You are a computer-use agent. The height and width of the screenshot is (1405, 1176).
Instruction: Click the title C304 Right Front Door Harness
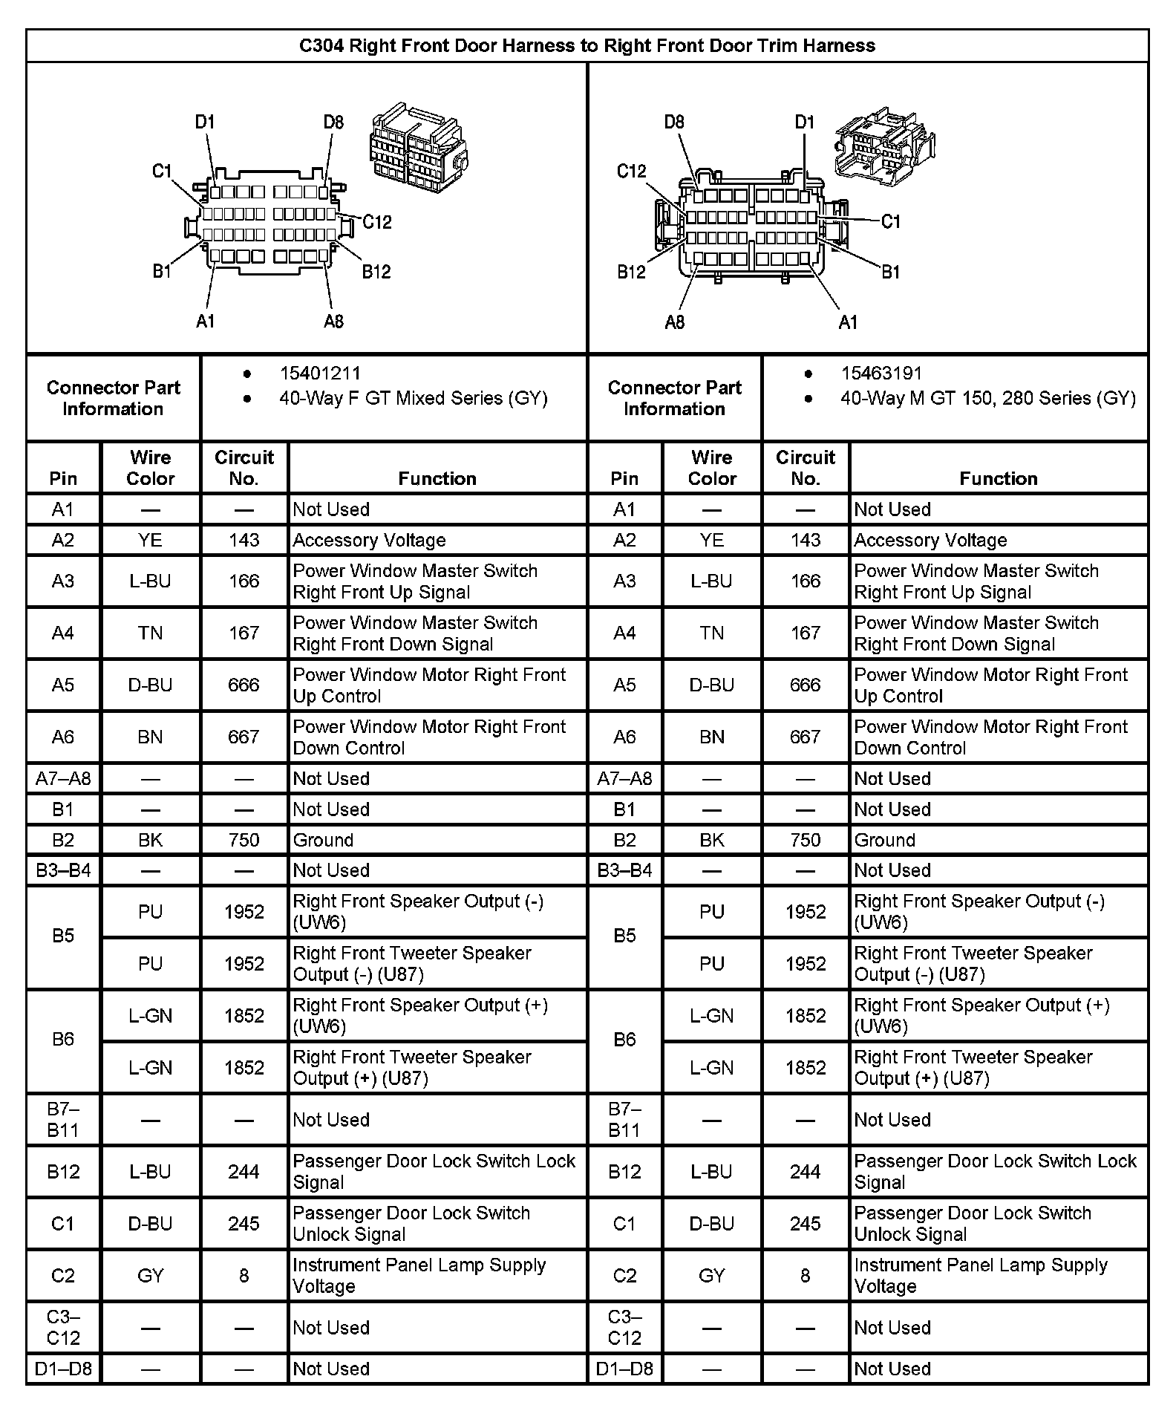click(x=587, y=46)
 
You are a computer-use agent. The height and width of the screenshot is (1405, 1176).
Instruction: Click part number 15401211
click(x=320, y=374)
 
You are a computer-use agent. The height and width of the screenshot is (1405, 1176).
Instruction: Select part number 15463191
click(x=881, y=374)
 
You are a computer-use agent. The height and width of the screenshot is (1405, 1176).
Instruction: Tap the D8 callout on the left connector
click(x=333, y=123)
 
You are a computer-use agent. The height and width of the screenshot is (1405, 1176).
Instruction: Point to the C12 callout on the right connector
click(x=631, y=172)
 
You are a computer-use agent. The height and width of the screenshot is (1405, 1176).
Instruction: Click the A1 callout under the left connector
click(x=205, y=322)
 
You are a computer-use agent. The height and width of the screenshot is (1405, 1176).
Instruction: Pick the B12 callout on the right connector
click(x=631, y=272)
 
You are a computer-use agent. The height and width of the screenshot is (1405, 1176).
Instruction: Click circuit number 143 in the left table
click(x=244, y=541)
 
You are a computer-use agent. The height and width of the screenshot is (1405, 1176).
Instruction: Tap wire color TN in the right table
click(x=711, y=633)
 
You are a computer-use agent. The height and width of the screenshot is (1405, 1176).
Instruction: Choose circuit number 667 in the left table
click(x=244, y=737)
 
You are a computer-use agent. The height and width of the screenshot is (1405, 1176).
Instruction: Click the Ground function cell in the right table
click(x=884, y=840)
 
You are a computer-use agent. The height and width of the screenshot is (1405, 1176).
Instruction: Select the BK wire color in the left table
click(x=150, y=840)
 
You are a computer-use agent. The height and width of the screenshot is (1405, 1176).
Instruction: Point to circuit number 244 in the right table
click(x=805, y=1172)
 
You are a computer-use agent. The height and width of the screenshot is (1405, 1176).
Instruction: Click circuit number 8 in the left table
click(x=244, y=1276)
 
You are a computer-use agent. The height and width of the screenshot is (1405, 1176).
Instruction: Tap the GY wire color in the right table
click(x=711, y=1276)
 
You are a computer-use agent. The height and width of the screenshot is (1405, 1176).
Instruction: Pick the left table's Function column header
click(x=437, y=478)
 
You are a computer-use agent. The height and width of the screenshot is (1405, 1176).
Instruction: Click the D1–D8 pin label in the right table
click(x=624, y=1368)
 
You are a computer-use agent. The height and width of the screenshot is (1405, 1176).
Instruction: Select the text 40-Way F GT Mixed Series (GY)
click(x=413, y=399)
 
